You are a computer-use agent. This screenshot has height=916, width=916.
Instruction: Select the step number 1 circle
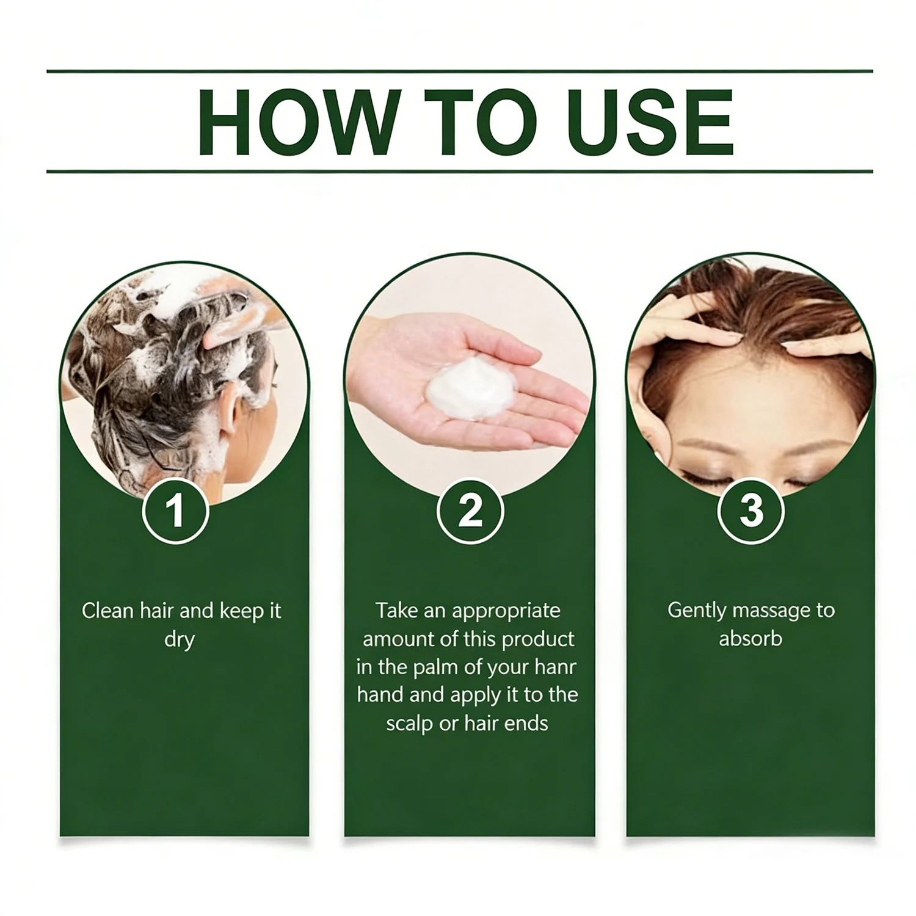click(176, 511)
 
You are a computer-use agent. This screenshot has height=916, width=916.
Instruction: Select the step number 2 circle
click(470, 511)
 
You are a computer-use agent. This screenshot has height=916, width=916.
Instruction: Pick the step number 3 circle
click(751, 511)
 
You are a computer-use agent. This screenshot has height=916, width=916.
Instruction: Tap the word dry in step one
click(180, 641)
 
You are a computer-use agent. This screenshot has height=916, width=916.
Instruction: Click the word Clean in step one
click(108, 611)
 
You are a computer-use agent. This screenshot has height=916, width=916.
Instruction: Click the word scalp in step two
click(410, 725)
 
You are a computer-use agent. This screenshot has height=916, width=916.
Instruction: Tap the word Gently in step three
click(698, 611)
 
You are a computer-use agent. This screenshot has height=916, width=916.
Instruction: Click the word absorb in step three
click(751, 639)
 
